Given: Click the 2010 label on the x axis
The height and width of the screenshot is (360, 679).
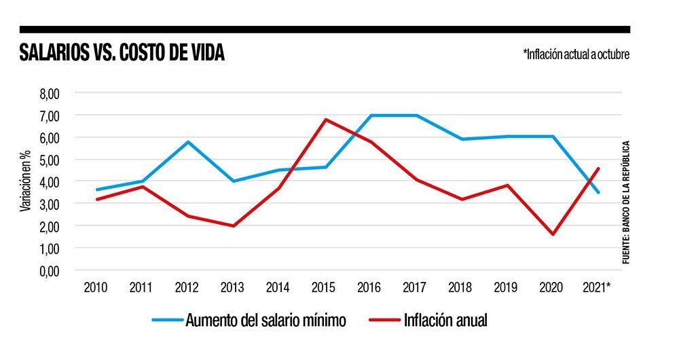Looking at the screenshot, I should click(x=96, y=287).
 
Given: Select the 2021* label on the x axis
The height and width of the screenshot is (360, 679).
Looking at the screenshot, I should click(x=598, y=287).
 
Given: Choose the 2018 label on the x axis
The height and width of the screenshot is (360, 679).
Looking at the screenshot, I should click(x=461, y=287).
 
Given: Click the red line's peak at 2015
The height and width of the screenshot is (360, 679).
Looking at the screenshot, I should click(x=325, y=120).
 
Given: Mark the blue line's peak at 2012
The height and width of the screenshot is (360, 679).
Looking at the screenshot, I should click(x=187, y=142).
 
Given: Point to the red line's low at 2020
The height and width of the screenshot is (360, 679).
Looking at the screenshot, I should click(x=553, y=234).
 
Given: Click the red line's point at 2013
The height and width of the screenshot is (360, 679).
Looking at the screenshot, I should click(x=233, y=226).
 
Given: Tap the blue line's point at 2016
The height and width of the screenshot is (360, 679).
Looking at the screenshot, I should click(x=371, y=115).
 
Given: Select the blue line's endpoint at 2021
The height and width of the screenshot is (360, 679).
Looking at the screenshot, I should click(x=598, y=192).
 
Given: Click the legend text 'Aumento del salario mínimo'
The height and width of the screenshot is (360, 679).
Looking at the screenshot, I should click(x=266, y=321).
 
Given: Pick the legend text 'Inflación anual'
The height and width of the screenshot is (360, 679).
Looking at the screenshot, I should click(x=445, y=321).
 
